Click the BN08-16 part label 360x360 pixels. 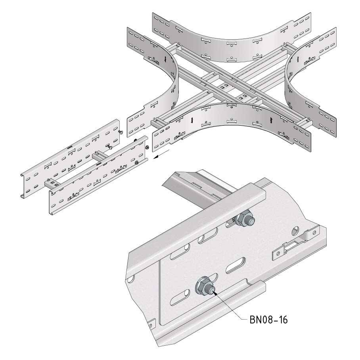tap(268, 320)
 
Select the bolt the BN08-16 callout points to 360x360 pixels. tap(205, 287)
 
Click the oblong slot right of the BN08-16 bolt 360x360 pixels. tap(236, 265)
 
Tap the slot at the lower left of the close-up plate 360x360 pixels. tap(180, 297)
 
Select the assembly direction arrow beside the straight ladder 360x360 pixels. tap(162, 154)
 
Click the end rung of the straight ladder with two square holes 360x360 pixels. tap(53, 184)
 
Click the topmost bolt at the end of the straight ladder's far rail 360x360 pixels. tap(120, 132)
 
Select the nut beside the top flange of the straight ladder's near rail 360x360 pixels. tap(147, 147)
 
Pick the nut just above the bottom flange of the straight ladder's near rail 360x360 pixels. tap(137, 162)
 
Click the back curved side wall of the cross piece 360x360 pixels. tap(232, 37)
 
